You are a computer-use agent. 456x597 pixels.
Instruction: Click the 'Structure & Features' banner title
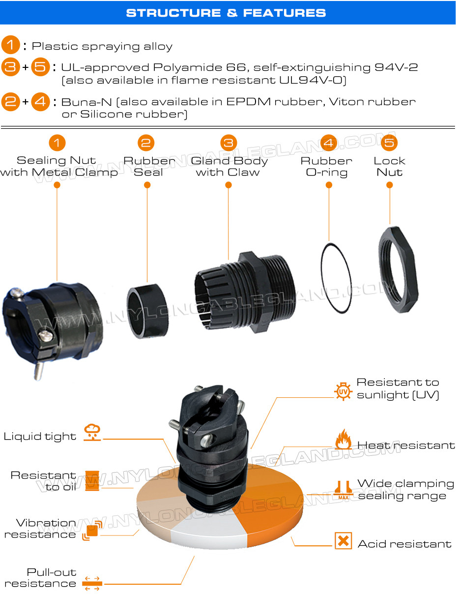[x=226, y=13]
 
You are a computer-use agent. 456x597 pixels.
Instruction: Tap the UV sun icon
[x=343, y=391]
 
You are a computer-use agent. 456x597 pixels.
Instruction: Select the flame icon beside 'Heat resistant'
[x=343, y=439]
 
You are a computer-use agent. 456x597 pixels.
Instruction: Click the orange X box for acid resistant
[x=343, y=540]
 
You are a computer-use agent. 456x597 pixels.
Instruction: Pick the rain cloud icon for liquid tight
[x=92, y=432]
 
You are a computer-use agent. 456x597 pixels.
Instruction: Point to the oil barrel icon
[x=92, y=480]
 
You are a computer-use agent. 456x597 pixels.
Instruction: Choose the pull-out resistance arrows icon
[x=92, y=583]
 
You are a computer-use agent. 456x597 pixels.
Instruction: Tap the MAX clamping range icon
[x=343, y=490]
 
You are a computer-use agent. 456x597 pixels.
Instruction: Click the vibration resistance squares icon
[x=92, y=530]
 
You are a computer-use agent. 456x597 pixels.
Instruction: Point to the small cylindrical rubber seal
[x=147, y=311]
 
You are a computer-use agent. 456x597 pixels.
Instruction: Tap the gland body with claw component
[x=245, y=293]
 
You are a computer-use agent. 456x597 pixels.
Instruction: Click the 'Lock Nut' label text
[x=389, y=166]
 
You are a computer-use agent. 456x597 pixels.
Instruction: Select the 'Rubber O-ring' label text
[x=326, y=166]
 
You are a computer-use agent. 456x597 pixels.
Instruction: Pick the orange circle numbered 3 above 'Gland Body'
[x=228, y=143]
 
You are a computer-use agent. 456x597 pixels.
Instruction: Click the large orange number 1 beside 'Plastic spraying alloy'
[x=11, y=45]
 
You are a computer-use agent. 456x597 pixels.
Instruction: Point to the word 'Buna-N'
[x=86, y=102]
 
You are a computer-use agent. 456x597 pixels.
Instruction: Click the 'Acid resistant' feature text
[x=404, y=544]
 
